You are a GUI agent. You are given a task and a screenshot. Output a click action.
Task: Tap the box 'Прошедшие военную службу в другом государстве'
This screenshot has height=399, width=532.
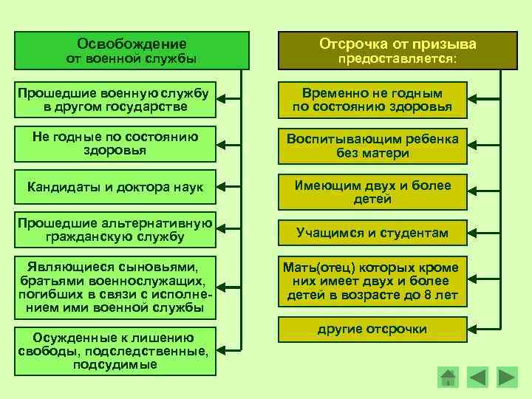[113, 100]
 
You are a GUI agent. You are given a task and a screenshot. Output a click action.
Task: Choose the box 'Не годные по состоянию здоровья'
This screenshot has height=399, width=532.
[116, 143]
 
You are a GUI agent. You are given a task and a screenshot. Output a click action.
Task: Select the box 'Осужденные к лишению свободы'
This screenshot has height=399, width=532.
[113, 348]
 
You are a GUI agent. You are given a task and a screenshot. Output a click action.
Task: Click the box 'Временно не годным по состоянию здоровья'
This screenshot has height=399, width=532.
[372, 100]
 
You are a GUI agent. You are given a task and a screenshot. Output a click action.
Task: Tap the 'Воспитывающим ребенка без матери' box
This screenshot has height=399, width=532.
[372, 146]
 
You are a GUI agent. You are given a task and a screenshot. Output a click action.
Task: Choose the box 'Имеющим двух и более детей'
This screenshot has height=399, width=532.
[372, 192]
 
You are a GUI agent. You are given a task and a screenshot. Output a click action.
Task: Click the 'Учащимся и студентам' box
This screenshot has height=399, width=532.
[372, 233]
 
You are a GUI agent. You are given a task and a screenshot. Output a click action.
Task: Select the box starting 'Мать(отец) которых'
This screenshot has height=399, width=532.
[372, 282]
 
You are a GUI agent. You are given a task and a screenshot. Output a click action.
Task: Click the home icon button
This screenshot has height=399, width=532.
[448, 377]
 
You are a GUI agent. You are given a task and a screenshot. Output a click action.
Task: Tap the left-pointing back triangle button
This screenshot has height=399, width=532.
[478, 377]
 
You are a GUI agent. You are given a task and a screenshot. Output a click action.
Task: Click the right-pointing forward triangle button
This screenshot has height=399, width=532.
[507, 377]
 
